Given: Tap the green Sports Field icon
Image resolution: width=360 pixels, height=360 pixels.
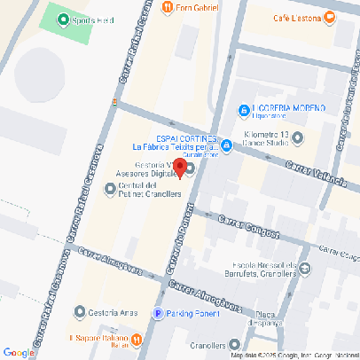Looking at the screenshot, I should (63, 19).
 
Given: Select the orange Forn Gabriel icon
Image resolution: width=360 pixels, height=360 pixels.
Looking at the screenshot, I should (168, 7).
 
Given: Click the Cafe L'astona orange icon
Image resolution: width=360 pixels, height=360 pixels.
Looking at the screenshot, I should (330, 16).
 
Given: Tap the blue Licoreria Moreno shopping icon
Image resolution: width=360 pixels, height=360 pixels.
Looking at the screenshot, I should (243, 111).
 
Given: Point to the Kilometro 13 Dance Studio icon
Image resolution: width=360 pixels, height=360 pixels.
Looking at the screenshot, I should (298, 138).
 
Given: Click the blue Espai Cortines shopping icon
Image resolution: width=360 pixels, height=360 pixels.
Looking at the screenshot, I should (226, 145).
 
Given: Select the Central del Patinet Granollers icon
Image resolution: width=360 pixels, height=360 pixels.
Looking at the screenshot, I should (109, 190).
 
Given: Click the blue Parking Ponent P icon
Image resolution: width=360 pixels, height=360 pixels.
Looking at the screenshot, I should (159, 313).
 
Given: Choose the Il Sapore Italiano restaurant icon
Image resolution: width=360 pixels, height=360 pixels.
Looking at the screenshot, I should (137, 340).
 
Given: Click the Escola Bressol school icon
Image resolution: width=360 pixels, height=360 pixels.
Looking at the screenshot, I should (305, 267).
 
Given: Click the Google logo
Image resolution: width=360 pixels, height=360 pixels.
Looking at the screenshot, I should (19, 352).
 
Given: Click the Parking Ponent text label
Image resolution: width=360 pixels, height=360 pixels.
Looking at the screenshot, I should (195, 313).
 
